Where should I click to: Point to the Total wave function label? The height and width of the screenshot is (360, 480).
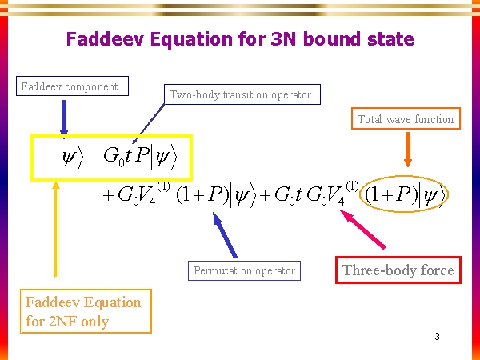click(406, 119)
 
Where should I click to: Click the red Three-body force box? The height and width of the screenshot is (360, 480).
click(398, 270)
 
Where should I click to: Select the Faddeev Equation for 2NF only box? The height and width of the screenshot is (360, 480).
click(83, 312)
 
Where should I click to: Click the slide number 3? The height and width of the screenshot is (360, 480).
click(438, 336)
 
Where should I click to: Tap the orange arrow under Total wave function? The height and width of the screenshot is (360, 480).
click(408, 153)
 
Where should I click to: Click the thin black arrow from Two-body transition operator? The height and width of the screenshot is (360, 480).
click(150, 121)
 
